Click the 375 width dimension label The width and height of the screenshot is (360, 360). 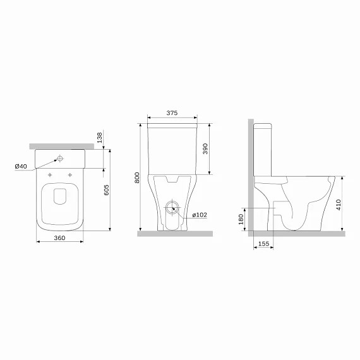coord(172,112)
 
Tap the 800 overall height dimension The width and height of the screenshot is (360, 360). coord(137,177)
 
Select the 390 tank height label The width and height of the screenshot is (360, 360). coord(205,148)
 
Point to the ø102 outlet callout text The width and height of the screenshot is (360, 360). coord(200,215)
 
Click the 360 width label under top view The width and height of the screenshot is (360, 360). coord(59,238)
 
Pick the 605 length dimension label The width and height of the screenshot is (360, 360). coord(106,190)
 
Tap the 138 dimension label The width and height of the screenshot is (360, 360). coord(99,138)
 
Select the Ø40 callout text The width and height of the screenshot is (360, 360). coord(21,166)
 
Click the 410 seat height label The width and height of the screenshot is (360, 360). coord(338,205)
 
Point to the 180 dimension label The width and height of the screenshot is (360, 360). coord(241,219)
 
